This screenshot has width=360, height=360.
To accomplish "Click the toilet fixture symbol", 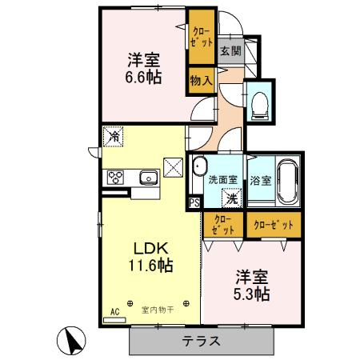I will click(259, 103).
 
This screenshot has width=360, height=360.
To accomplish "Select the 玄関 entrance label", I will click(230, 50).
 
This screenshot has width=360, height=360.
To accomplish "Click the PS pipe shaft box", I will click(194, 203).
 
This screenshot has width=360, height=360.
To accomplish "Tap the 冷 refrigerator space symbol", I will click(114, 137).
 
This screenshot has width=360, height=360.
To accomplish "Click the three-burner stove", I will click(114, 178).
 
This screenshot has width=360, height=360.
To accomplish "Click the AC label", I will click(114, 311).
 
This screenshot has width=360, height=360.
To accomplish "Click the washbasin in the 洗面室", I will click(198, 167).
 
